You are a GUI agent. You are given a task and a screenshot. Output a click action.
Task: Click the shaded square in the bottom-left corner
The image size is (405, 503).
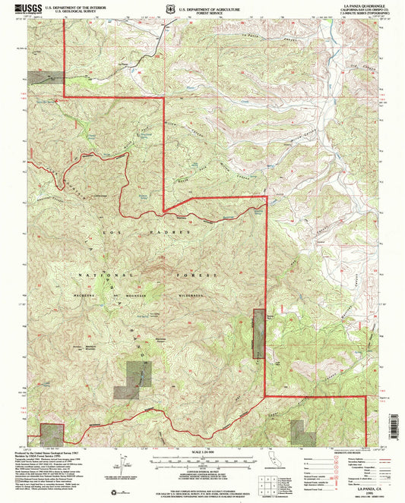[50, 432]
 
